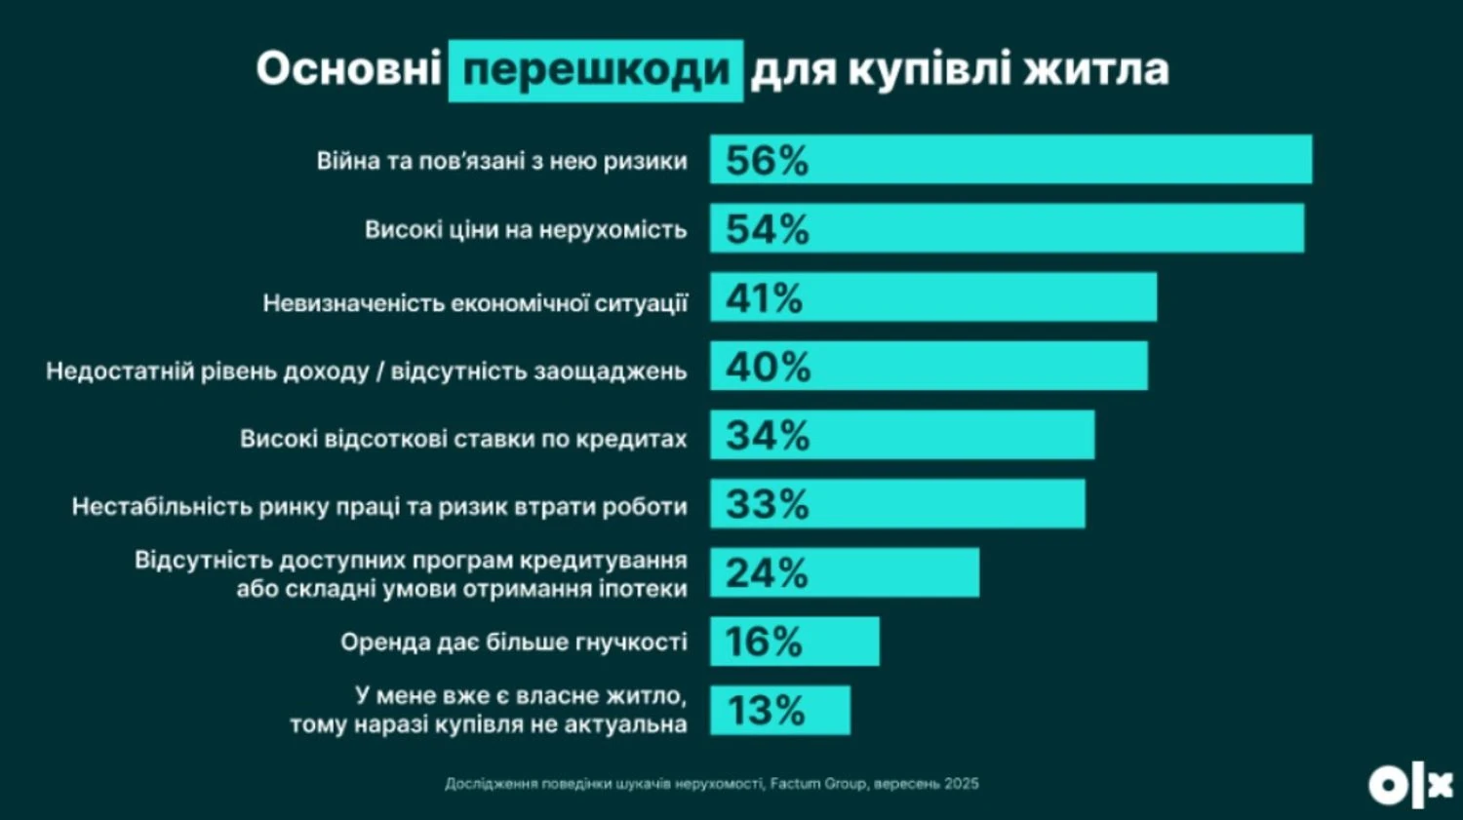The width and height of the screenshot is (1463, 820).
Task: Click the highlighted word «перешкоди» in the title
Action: click(x=596, y=70)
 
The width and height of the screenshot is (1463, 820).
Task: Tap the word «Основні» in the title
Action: click(x=348, y=70)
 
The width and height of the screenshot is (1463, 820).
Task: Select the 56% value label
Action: click(x=767, y=161)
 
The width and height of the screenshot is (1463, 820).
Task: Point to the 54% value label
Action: click(x=767, y=229)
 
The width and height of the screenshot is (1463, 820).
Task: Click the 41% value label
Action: click(x=764, y=298)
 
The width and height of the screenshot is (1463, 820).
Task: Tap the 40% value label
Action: click(x=768, y=367)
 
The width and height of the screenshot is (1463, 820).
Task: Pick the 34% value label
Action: click(x=767, y=435)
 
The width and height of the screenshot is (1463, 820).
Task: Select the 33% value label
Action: click(x=767, y=504)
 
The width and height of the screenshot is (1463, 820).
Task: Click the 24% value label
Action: click(x=766, y=572)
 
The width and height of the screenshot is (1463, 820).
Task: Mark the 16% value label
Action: click(x=763, y=642)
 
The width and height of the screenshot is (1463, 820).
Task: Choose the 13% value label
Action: click(x=765, y=711)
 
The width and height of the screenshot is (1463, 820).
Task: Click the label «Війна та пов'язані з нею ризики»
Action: click(x=501, y=161)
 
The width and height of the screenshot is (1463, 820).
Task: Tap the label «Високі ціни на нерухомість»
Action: click(x=526, y=230)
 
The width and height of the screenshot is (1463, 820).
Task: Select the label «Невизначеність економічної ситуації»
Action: click(x=475, y=303)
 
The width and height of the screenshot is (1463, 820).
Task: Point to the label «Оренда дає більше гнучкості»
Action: click(x=513, y=642)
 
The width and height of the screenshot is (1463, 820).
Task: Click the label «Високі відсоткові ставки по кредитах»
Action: click(x=463, y=439)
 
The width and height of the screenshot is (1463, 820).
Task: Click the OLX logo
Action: click(x=1410, y=785)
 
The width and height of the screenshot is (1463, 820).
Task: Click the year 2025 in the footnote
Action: click(x=961, y=783)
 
